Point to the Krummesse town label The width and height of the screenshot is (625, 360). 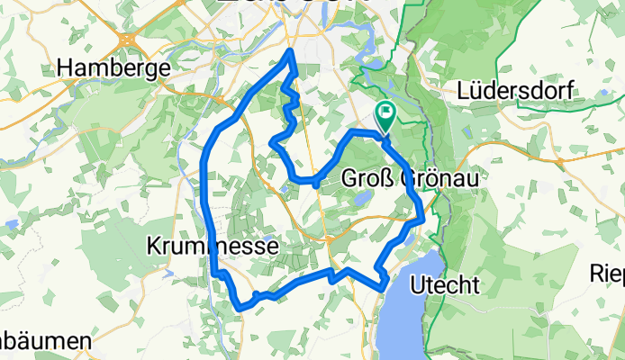213,245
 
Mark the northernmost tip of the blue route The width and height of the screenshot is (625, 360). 291,53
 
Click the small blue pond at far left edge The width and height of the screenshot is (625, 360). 10,221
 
